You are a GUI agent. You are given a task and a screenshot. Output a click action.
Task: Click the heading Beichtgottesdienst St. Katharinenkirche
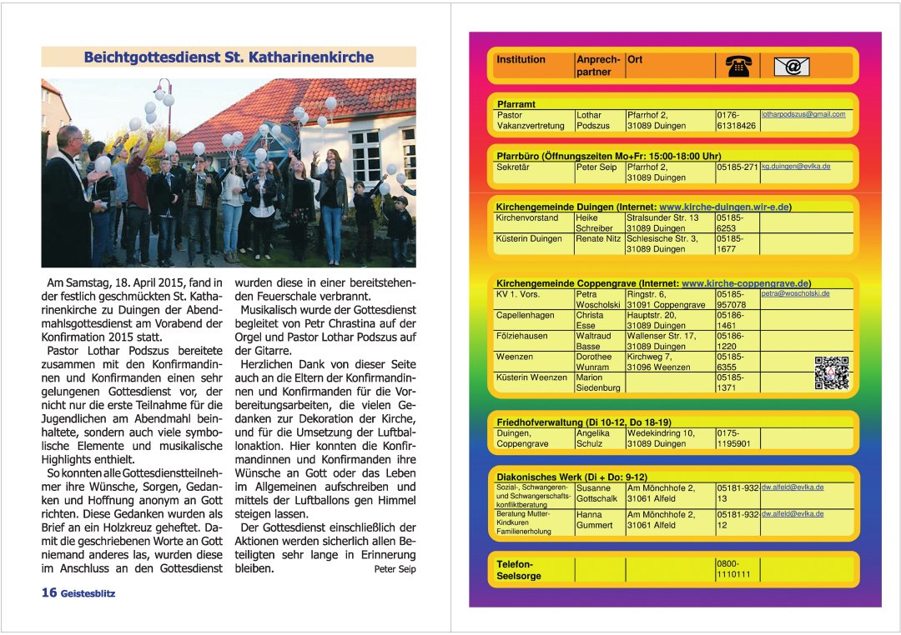tap(229, 57)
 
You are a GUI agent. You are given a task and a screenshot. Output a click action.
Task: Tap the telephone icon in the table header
tap(737, 66)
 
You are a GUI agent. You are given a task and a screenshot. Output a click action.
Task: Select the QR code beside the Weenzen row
tap(831, 372)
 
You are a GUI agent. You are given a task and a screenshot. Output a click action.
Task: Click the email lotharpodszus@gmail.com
tap(803, 114)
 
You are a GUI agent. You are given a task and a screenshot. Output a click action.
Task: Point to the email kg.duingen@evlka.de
tap(796, 167)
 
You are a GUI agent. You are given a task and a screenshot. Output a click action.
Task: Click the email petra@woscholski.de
tap(795, 293)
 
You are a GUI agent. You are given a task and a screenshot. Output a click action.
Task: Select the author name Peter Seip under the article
tap(395, 569)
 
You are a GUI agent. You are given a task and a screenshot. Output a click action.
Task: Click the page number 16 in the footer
tap(49, 592)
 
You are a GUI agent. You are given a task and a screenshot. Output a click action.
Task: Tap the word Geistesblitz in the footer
tap(88, 593)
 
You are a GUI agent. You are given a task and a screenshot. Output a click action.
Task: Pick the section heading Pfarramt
tap(516, 104)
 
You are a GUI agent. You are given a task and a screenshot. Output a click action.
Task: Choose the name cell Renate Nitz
tap(598, 238)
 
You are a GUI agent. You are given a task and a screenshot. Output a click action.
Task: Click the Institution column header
tap(521, 60)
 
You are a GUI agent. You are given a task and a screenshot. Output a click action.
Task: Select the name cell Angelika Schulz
tap(592, 438)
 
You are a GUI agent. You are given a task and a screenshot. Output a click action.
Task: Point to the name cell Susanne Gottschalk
tap(596, 492)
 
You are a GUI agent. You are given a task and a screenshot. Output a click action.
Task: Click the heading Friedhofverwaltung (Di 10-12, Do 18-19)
tap(584, 422)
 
